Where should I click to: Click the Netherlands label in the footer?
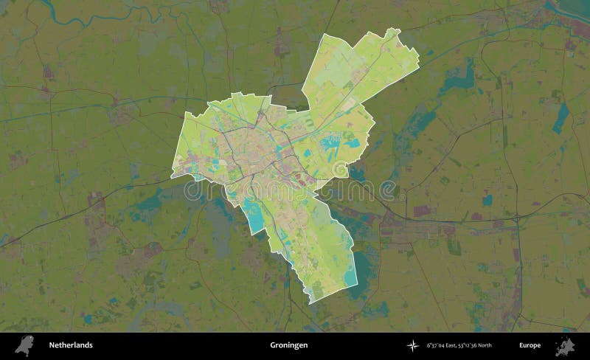point(71,345)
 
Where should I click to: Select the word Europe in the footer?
point(530,345)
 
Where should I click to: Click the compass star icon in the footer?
point(412,345)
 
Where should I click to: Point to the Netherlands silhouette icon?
point(26,344)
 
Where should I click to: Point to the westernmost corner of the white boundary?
point(170,177)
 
